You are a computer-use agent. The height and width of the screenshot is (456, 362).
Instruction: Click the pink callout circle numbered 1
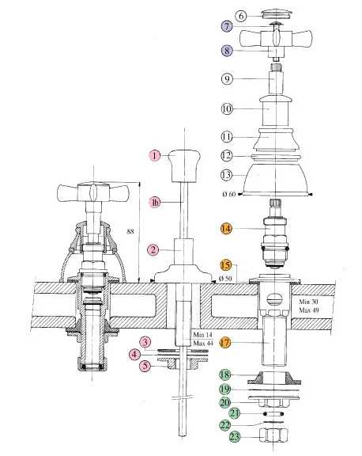coord(155,155)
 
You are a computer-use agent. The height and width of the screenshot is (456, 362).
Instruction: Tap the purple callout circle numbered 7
coord(226,26)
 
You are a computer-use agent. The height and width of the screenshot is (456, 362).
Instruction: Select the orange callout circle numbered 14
coord(226,228)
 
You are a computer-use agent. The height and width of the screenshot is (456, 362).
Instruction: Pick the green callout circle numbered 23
coord(235,436)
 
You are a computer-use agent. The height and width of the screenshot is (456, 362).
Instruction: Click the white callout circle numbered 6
coord(241,16)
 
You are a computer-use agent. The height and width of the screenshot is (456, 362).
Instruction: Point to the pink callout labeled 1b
coord(155,203)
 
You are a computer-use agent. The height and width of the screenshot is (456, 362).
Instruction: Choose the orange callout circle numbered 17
coord(225,343)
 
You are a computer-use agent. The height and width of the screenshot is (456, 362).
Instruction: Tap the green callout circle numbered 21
coord(235,413)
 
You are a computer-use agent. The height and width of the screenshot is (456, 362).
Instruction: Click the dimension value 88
coord(130,231)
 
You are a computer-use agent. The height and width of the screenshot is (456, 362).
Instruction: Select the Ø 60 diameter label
coord(229,194)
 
